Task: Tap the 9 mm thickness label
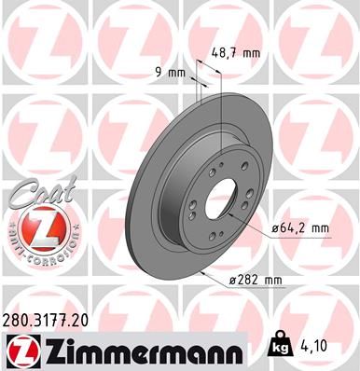click(x=170, y=71)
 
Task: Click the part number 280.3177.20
click(x=52, y=319)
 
